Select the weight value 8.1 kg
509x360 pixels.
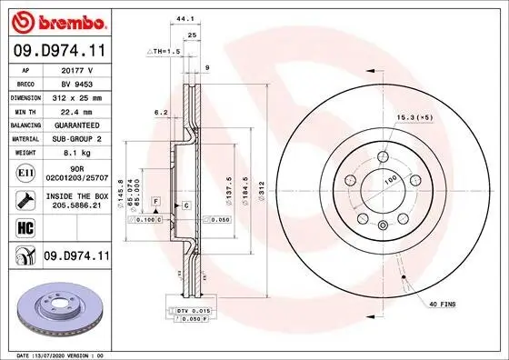(x=75, y=153)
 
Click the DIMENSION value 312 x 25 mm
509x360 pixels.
(x=75, y=95)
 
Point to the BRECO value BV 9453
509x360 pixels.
(x=75, y=82)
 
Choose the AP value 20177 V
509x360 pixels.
(x=75, y=68)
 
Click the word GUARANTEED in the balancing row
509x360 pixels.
(x=75, y=124)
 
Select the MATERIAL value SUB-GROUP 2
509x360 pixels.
(x=75, y=138)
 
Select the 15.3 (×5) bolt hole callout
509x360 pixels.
(x=414, y=117)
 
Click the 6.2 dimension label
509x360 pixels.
(x=161, y=113)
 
